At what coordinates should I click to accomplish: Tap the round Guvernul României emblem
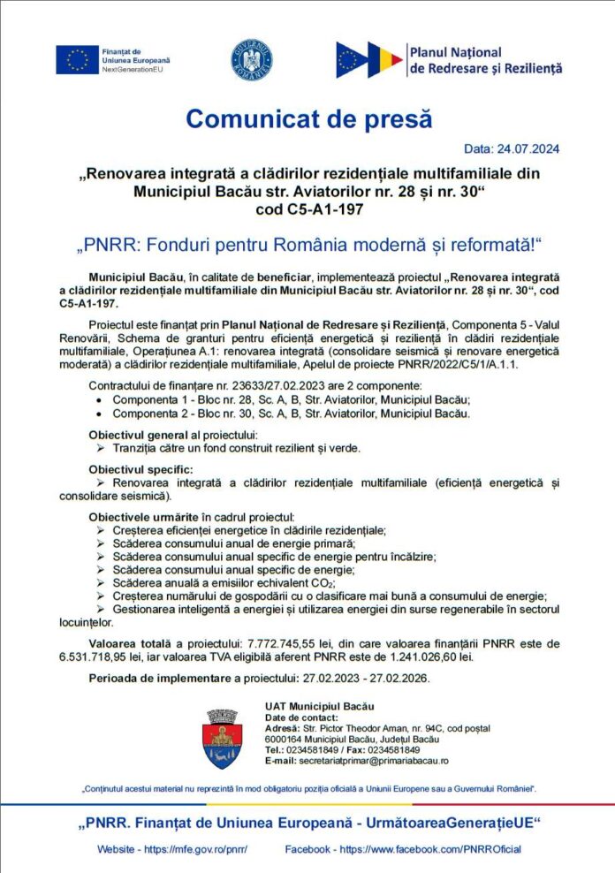pos(251,60)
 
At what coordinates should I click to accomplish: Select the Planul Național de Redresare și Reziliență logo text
pos(484,60)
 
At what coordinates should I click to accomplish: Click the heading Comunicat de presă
pos(308,118)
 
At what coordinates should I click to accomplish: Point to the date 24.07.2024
pos(528,148)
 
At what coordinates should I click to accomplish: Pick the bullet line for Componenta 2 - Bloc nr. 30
pos(280,413)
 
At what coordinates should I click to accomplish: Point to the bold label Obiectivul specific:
pos(140,468)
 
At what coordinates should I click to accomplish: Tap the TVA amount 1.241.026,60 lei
pos(429,657)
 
